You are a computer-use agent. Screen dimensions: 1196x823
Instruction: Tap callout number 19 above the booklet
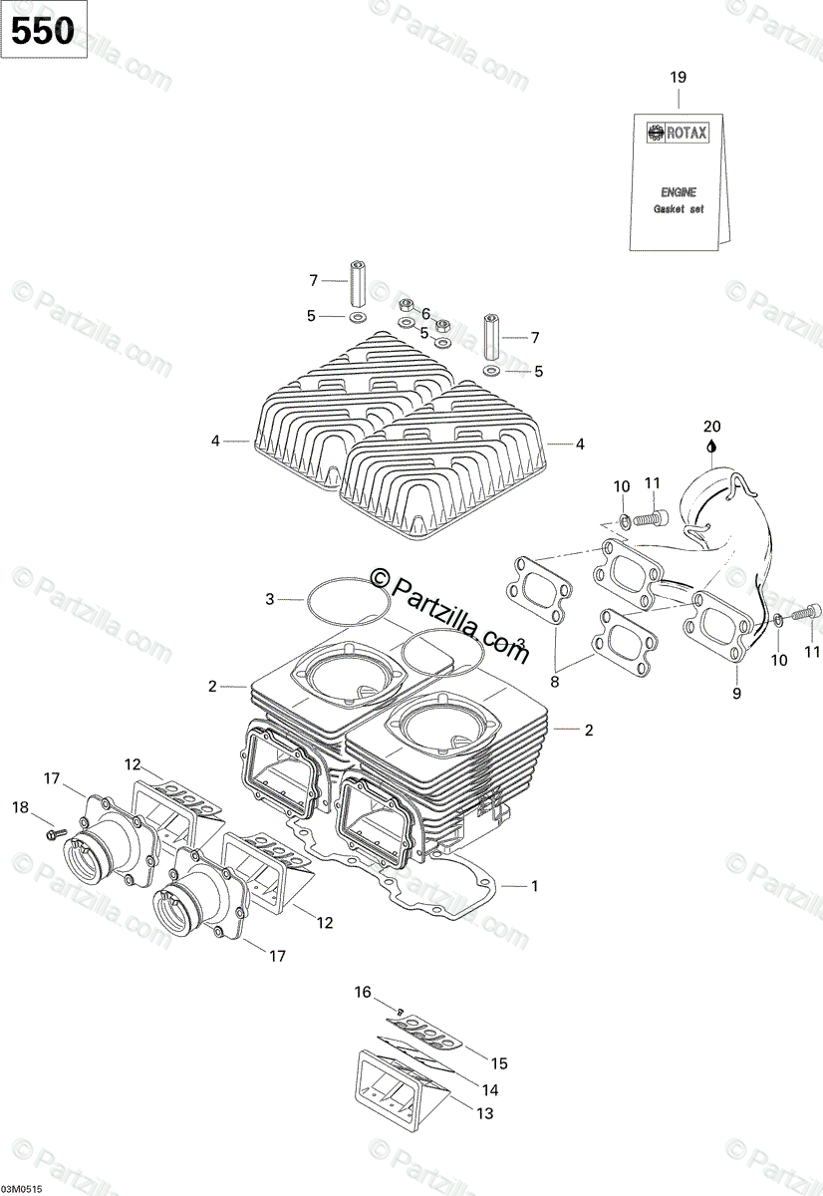tap(679, 78)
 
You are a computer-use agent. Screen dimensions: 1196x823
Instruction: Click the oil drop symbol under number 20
tap(710, 447)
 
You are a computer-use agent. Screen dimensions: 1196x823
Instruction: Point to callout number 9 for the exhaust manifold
tap(737, 693)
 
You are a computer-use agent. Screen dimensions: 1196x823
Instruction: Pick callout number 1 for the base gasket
tap(534, 884)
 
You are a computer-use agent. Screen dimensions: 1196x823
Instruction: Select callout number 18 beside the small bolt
tap(21, 806)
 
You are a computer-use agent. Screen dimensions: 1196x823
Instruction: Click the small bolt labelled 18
tap(54, 830)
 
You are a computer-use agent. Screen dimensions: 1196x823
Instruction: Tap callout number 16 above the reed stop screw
tap(363, 992)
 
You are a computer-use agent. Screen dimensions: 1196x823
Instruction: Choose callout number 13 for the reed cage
tap(485, 1113)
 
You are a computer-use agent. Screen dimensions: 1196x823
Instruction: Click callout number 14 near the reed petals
tap(489, 1089)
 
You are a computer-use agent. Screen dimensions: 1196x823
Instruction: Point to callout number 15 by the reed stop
tap(499, 1063)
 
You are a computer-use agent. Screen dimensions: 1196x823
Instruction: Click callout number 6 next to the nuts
tap(425, 312)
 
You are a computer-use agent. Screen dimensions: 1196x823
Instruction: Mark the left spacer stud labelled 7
tap(359, 284)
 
